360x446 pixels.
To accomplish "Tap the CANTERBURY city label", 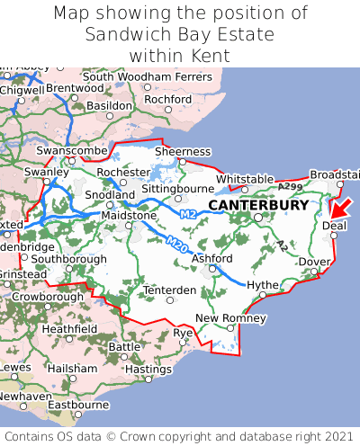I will click(258, 205).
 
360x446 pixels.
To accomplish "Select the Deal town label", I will click(334, 226).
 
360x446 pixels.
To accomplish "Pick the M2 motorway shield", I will click(187, 214).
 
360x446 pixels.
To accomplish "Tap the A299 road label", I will click(291, 186).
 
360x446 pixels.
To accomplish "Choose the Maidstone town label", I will click(130, 216).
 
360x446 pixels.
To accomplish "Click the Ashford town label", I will click(211, 258).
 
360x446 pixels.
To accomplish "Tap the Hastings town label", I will click(148, 369).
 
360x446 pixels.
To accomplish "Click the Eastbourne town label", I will click(77, 405).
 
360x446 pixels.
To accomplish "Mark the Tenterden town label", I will click(169, 290).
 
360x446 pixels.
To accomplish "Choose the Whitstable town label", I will click(245, 179).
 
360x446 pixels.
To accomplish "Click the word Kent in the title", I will click(209, 56).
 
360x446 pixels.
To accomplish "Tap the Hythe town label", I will click(263, 284).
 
